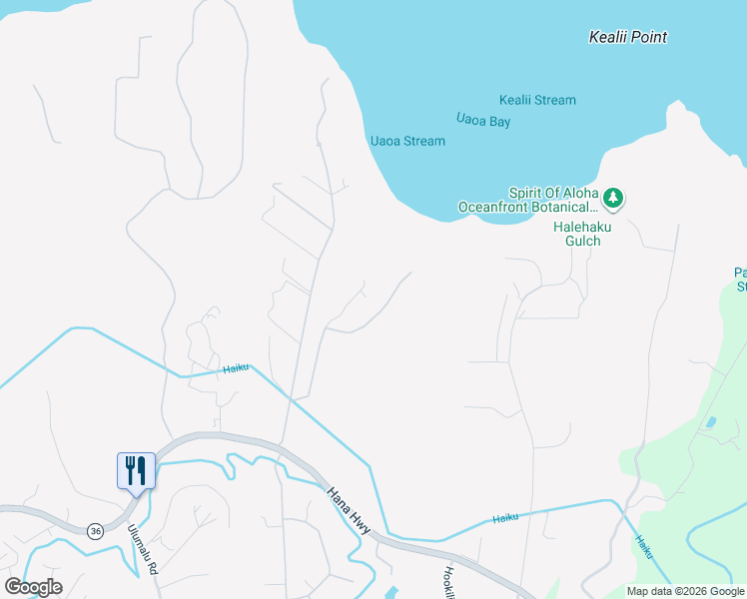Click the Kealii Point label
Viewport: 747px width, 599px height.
[627, 37]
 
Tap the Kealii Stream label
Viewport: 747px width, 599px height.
[537, 100]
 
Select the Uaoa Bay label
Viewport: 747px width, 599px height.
[483, 120]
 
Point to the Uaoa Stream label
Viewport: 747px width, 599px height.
[407, 141]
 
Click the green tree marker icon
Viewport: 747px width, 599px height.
[613, 198]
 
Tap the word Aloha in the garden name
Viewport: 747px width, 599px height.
[580, 193]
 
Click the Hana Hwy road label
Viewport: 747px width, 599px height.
[349, 510]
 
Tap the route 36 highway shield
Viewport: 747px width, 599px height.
[95, 530]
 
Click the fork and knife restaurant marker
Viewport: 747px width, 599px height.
[136, 469]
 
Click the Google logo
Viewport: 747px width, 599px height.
[33, 586]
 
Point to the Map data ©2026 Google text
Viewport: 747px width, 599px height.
[685, 591]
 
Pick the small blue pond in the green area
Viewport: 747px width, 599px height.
[709, 422]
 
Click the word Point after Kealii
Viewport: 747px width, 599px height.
[649, 37]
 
